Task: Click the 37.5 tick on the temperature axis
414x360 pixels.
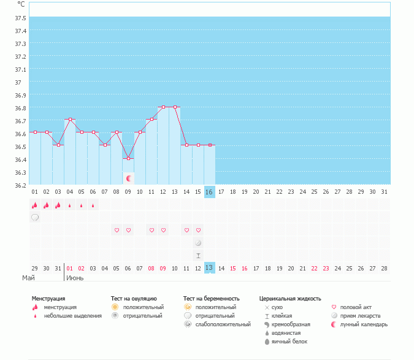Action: (x=20, y=18)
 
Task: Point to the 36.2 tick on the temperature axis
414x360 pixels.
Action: (x=20, y=185)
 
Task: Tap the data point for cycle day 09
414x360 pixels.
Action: (x=128, y=158)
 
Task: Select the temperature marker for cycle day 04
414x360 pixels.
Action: (x=70, y=119)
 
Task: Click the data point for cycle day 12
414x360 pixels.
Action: (x=164, y=107)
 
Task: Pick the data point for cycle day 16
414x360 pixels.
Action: (x=210, y=145)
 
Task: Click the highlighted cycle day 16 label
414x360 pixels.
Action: (x=210, y=192)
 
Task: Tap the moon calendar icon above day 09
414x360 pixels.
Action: (x=129, y=178)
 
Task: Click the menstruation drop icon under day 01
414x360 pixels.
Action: (x=35, y=205)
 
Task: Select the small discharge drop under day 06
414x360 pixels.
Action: (x=93, y=205)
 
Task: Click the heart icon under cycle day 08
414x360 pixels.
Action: (x=117, y=230)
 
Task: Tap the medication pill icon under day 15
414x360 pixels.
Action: (x=198, y=243)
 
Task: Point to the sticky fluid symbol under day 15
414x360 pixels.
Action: (x=198, y=255)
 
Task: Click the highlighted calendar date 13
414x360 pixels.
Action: (x=210, y=268)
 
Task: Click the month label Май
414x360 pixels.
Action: (x=29, y=278)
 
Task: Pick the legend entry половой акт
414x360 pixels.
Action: (x=356, y=307)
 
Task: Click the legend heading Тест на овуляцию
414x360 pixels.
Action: (x=134, y=299)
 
